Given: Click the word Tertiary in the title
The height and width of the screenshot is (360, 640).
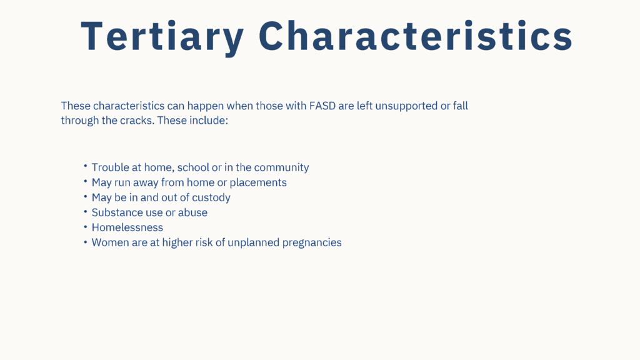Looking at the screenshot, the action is pyautogui.click(x=162, y=37).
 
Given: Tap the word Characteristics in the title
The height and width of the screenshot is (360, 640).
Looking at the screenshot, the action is pyautogui.click(x=416, y=36).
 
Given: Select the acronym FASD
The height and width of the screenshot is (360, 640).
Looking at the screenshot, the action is pyautogui.click(x=322, y=106).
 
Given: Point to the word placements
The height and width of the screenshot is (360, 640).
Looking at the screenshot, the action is pyautogui.click(x=258, y=182).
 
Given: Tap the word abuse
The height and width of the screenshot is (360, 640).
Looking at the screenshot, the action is pyautogui.click(x=192, y=212).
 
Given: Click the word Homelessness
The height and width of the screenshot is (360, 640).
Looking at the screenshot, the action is pyautogui.click(x=127, y=227).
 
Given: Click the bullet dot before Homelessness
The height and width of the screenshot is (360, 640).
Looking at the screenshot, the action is pyautogui.click(x=85, y=226).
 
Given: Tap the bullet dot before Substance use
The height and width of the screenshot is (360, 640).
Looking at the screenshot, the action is pyautogui.click(x=85, y=211).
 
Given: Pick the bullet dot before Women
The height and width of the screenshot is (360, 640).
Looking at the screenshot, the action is pyautogui.click(x=85, y=242).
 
